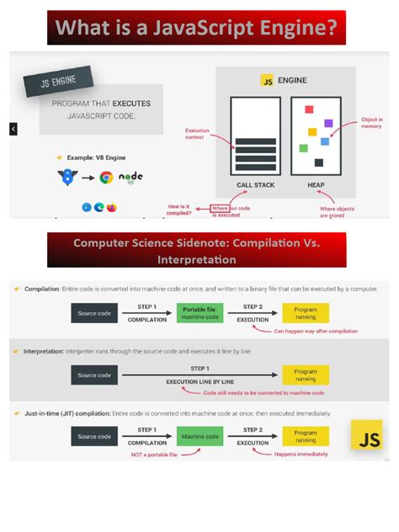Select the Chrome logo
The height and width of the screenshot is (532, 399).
click(106, 178)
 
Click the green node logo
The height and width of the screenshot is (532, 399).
click(130, 178)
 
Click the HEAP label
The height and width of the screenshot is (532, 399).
click(316, 185)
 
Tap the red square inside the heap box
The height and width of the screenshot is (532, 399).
click(309, 109)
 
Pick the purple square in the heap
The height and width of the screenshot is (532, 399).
click(328, 124)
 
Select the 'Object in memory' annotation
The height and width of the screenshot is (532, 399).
click(371, 124)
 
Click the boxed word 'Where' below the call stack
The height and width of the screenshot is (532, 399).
click(220, 208)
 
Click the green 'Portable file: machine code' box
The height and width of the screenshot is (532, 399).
click(200, 314)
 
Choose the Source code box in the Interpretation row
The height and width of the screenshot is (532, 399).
click(94, 375)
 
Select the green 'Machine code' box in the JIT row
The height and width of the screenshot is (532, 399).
click(200, 436)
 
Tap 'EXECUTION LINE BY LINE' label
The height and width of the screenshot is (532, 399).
click(200, 381)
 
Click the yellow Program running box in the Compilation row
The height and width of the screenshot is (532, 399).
click(306, 314)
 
